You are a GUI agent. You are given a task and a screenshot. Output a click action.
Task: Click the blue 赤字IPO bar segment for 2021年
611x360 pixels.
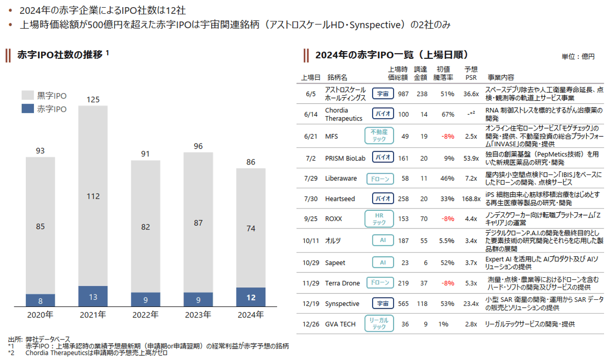click(93, 296)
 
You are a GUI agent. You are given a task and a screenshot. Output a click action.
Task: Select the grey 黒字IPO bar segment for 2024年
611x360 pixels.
click(251, 228)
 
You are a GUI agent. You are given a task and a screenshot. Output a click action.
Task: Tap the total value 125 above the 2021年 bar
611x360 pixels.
click(93, 99)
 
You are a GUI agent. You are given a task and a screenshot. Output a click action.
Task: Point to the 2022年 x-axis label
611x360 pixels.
click(145, 315)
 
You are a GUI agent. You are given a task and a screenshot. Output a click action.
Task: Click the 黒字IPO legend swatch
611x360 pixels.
click(28, 95)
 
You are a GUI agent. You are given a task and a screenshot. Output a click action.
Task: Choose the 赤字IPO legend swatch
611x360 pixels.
click(28, 109)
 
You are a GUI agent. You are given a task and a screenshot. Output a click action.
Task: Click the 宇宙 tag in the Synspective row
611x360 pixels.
click(383, 304)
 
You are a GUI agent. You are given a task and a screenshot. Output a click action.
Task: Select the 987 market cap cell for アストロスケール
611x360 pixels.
click(403, 94)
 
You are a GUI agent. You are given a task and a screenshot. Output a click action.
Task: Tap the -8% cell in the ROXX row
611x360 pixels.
click(448, 218)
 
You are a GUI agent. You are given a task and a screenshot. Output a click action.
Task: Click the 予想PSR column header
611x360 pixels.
click(471, 73)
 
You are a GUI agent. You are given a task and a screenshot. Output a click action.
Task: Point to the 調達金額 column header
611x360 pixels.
click(420, 73)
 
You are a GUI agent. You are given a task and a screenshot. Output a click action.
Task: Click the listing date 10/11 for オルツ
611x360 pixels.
click(311, 240)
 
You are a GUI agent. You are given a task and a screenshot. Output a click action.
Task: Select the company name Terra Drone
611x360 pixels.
click(342, 283)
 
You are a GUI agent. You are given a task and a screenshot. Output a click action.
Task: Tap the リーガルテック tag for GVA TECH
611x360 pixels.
click(379, 324)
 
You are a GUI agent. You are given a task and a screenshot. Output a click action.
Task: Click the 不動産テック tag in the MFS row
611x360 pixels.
click(379, 136)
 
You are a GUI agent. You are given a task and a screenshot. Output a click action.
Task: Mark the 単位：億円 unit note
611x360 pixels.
click(578, 56)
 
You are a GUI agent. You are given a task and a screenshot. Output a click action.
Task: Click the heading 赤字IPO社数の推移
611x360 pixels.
click(60, 55)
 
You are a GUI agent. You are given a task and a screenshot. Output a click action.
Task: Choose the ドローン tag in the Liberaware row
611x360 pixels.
click(380, 179)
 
